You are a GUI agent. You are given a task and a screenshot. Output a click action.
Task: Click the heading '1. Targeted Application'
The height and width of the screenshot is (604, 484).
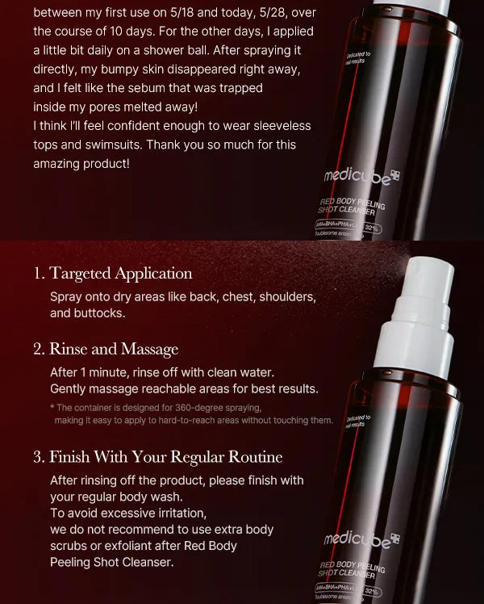113,273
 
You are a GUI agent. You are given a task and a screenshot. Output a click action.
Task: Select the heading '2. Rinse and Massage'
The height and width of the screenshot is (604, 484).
106,349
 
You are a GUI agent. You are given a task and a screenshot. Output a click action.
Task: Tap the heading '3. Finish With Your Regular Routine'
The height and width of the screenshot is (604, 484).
157,456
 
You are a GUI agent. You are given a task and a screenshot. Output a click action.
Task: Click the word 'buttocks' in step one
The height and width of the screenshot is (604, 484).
98,312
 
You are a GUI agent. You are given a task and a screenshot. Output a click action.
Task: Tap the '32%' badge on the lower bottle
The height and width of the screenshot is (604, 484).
372,591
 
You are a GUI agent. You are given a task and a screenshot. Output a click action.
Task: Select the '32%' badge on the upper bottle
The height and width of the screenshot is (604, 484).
372,229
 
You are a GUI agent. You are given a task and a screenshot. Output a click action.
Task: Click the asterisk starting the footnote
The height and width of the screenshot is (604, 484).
52,408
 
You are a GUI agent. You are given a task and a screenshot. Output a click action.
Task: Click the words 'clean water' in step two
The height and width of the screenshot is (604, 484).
242,372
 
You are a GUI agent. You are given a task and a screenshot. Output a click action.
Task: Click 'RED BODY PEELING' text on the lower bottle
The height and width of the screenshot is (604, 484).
353,566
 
